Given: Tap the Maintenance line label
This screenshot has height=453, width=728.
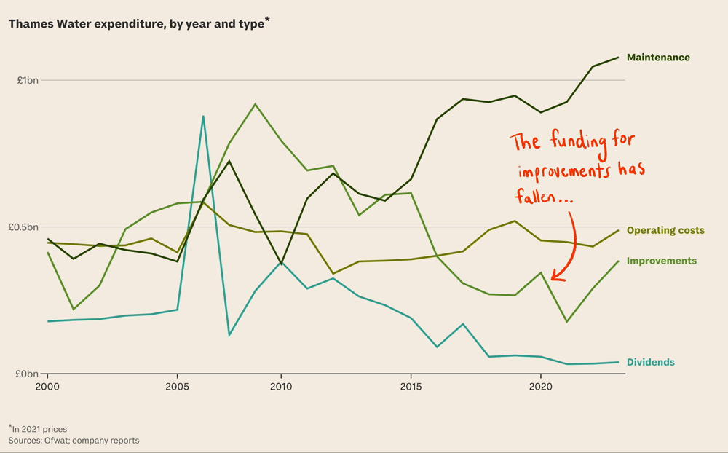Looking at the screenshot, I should [x=658, y=58].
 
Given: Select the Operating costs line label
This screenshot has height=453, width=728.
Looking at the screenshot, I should [x=665, y=230].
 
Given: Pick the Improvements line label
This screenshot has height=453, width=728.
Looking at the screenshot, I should [x=661, y=261].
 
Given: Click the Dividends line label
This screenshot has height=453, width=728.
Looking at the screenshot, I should [x=650, y=362].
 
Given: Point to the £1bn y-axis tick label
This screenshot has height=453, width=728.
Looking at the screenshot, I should [x=28, y=80].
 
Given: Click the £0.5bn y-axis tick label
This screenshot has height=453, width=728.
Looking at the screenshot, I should [x=23, y=227].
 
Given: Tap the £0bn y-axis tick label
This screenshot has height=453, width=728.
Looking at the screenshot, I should [x=28, y=374].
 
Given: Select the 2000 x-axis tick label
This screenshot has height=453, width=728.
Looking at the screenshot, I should [x=47, y=386].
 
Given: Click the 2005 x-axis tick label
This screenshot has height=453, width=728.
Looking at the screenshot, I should [x=177, y=386].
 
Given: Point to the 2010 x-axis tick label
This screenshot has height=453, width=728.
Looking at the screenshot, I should [x=281, y=386].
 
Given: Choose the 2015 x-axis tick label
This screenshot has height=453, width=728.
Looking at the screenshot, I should [x=411, y=386].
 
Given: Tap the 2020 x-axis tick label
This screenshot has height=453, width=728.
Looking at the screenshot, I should [x=540, y=386].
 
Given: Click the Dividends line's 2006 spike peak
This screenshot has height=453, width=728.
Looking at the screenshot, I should [x=203, y=116].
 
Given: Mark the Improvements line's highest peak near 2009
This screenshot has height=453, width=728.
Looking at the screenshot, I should [x=255, y=104].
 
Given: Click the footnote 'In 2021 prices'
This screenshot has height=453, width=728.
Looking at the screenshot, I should [x=39, y=429].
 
